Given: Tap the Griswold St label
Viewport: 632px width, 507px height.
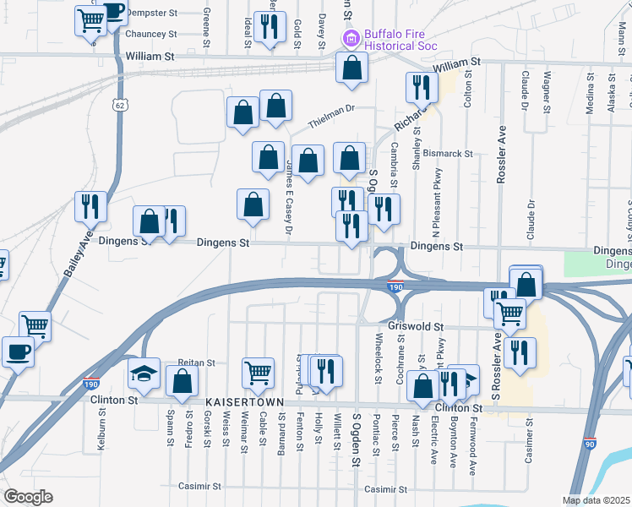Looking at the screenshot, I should pyautogui.click(x=415, y=326).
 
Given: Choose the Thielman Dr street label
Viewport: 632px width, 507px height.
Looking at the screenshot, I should pyautogui.click(x=333, y=117).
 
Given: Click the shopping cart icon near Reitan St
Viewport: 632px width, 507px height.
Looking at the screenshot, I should pyautogui.click(x=258, y=371).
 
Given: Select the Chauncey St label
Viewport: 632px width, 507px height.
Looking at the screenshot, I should pyautogui.click(x=150, y=35).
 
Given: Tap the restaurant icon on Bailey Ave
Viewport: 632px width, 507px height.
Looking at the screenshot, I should pyautogui.click(x=89, y=205).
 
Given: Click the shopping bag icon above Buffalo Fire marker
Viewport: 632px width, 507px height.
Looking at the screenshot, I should pyautogui.click(x=351, y=68).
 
